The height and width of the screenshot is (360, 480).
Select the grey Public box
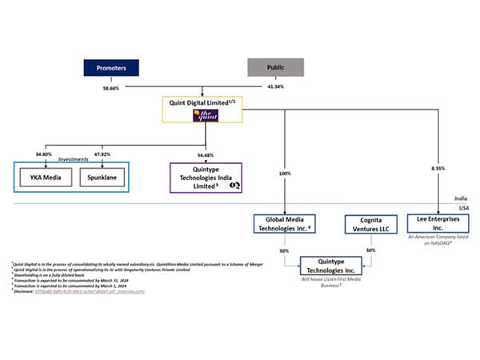pyautogui.click(x=274, y=67)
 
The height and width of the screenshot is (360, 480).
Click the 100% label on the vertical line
pyautogui.click(x=284, y=172)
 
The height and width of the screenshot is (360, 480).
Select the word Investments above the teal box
pyautogui.click(x=74, y=158)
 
